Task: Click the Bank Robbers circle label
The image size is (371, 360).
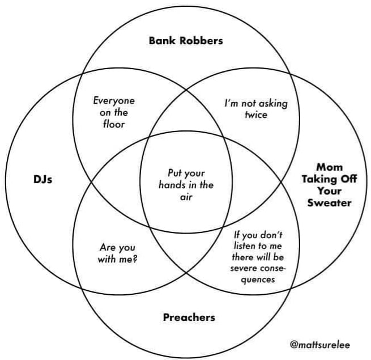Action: tap(186, 40)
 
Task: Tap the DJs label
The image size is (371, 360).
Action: tap(42, 179)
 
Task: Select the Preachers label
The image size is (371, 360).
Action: tap(189, 317)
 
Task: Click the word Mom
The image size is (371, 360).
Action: tap(329, 167)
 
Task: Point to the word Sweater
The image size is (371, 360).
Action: tap(329, 203)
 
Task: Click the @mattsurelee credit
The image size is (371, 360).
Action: tap(320, 345)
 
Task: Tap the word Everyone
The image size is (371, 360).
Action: tap(114, 101)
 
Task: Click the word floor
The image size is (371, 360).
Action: tap(114, 124)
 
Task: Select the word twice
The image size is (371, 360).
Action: tap(256, 115)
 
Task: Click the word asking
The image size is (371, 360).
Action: tap(273, 104)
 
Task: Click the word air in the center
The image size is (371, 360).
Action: tap(186, 197)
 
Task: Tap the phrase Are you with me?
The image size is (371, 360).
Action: tap(118, 253)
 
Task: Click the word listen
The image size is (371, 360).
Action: tap(246, 246)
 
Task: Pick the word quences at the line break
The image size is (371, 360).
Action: tap(258, 280)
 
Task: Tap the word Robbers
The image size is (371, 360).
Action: tap(201, 40)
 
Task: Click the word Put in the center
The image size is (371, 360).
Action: tap(174, 173)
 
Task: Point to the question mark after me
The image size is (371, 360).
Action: tap(135, 259)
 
